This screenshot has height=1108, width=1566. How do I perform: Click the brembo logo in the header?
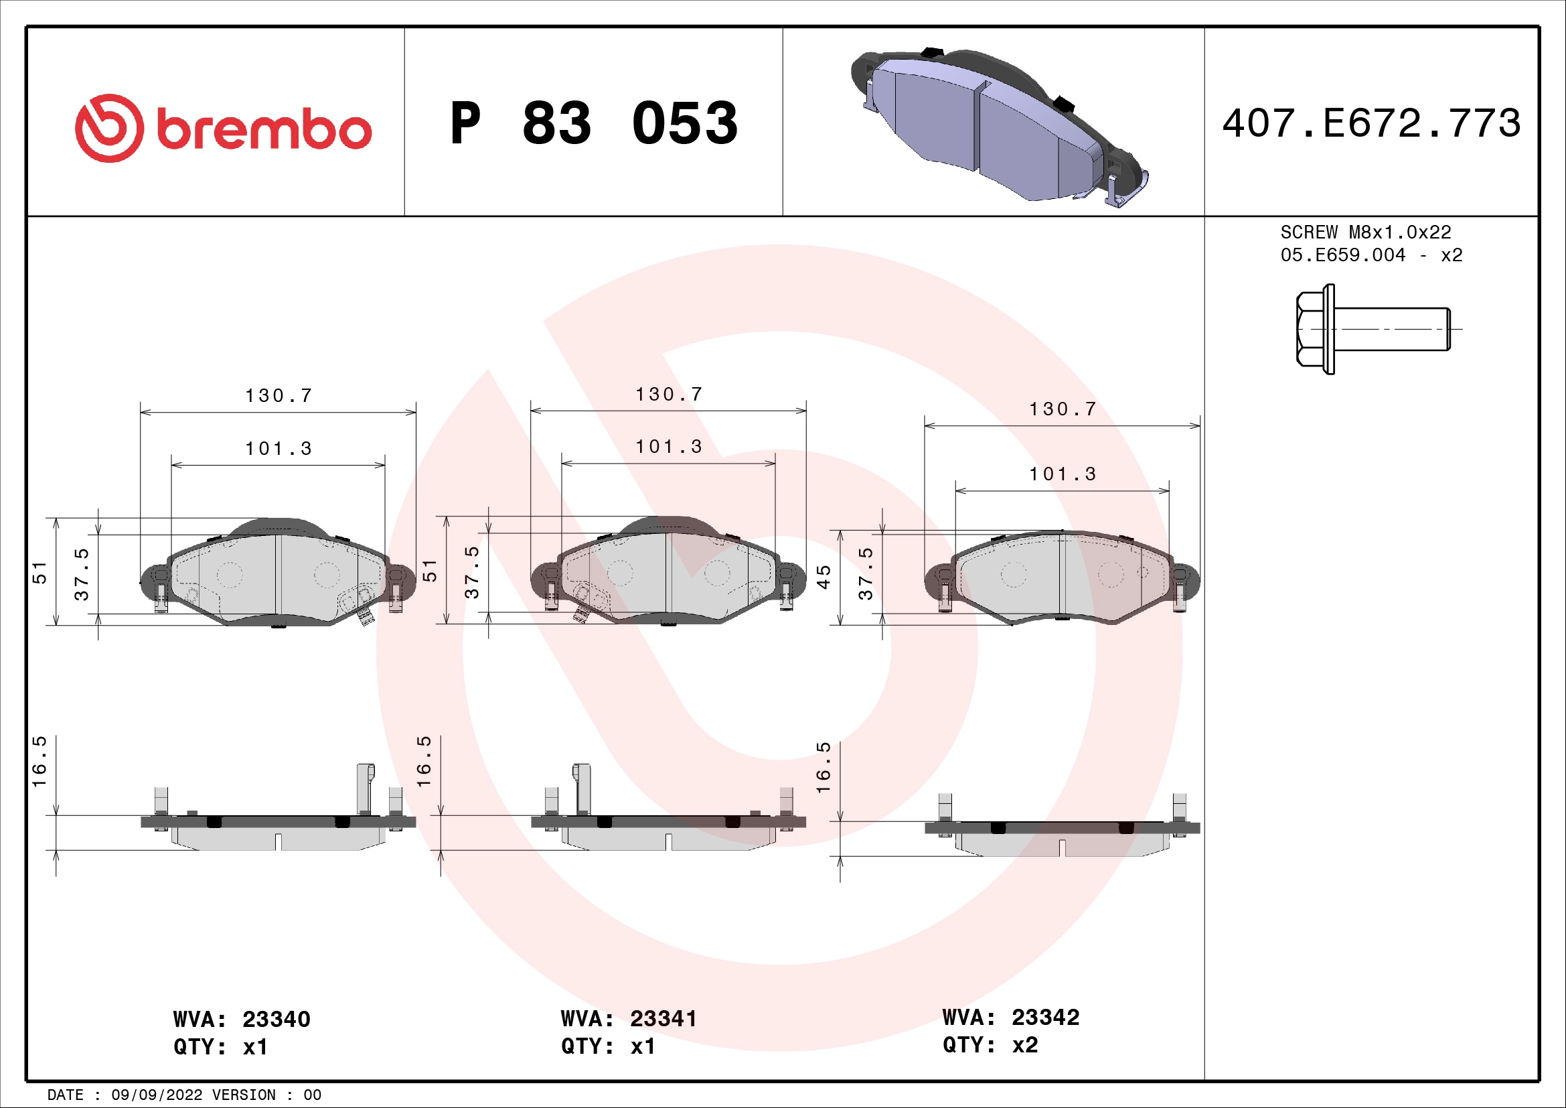point(223,128)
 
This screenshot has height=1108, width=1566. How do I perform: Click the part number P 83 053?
point(593,123)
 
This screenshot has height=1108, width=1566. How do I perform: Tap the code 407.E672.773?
point(1371,123)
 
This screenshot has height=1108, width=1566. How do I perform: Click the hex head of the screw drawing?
point(1310,329)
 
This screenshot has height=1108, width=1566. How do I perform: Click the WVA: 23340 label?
point(242,1020)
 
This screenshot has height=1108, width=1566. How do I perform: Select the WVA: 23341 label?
point(628,1019)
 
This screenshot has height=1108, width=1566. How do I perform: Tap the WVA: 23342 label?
point(1010,1018)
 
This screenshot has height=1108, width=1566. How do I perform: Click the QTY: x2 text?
point(990,1044)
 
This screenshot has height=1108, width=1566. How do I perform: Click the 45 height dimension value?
point(824,577)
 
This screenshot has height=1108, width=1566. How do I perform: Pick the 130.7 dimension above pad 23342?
point(1062,409)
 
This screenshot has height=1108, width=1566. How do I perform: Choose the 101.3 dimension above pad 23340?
point(279,449)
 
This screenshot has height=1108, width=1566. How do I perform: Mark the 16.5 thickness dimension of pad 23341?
point(424,762)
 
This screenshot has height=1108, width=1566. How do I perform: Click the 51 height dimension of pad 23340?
point(40,573)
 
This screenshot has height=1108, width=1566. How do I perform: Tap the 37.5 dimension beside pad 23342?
point(866,574)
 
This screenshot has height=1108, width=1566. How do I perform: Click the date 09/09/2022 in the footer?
point(156,1095)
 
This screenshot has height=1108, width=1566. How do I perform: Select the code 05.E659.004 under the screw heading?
point(1342,255)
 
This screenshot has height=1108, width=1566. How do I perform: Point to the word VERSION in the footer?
point(244,1095)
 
